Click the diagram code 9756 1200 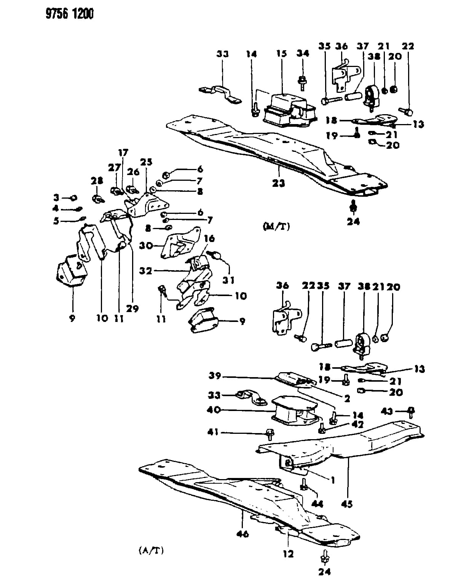[69, 14]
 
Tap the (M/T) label [276, 226]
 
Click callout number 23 [279, 183]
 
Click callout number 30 [146, 246]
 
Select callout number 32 [145, 271]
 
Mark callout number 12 [288, 554]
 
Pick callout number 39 [215, 376]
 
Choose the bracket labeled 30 [181, 242]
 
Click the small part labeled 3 [73, 198]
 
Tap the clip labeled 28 [98, 199]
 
